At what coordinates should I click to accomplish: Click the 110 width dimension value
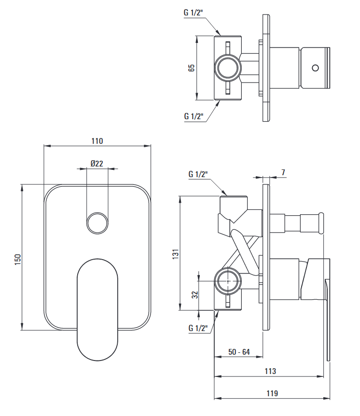(97, 141)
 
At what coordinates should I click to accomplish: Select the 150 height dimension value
(17, 260)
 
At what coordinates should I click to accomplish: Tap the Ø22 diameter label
(97, 164)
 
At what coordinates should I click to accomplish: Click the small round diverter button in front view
(97, 223)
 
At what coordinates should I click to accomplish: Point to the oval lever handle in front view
(97, 310)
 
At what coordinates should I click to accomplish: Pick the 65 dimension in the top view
(191, 68)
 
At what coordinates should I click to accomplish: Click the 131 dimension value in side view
(176, 254)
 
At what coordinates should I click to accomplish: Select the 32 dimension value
(195, 294)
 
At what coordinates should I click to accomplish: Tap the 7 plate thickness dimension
(283, 172)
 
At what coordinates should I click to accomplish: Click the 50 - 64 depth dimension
(239, 352)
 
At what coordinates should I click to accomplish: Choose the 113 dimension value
(270, 371)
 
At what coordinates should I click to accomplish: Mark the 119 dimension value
(272, 393)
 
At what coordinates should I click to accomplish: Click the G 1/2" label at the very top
(194, 13)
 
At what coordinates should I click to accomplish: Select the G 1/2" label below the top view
(194, 116)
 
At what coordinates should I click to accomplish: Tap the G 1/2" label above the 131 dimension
(198, 174)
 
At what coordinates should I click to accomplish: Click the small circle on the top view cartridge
(316, 68)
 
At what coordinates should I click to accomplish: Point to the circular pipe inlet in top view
(228, 68)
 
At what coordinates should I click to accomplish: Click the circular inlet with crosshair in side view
(228, 281)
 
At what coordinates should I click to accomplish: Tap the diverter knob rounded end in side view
(321, 223)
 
